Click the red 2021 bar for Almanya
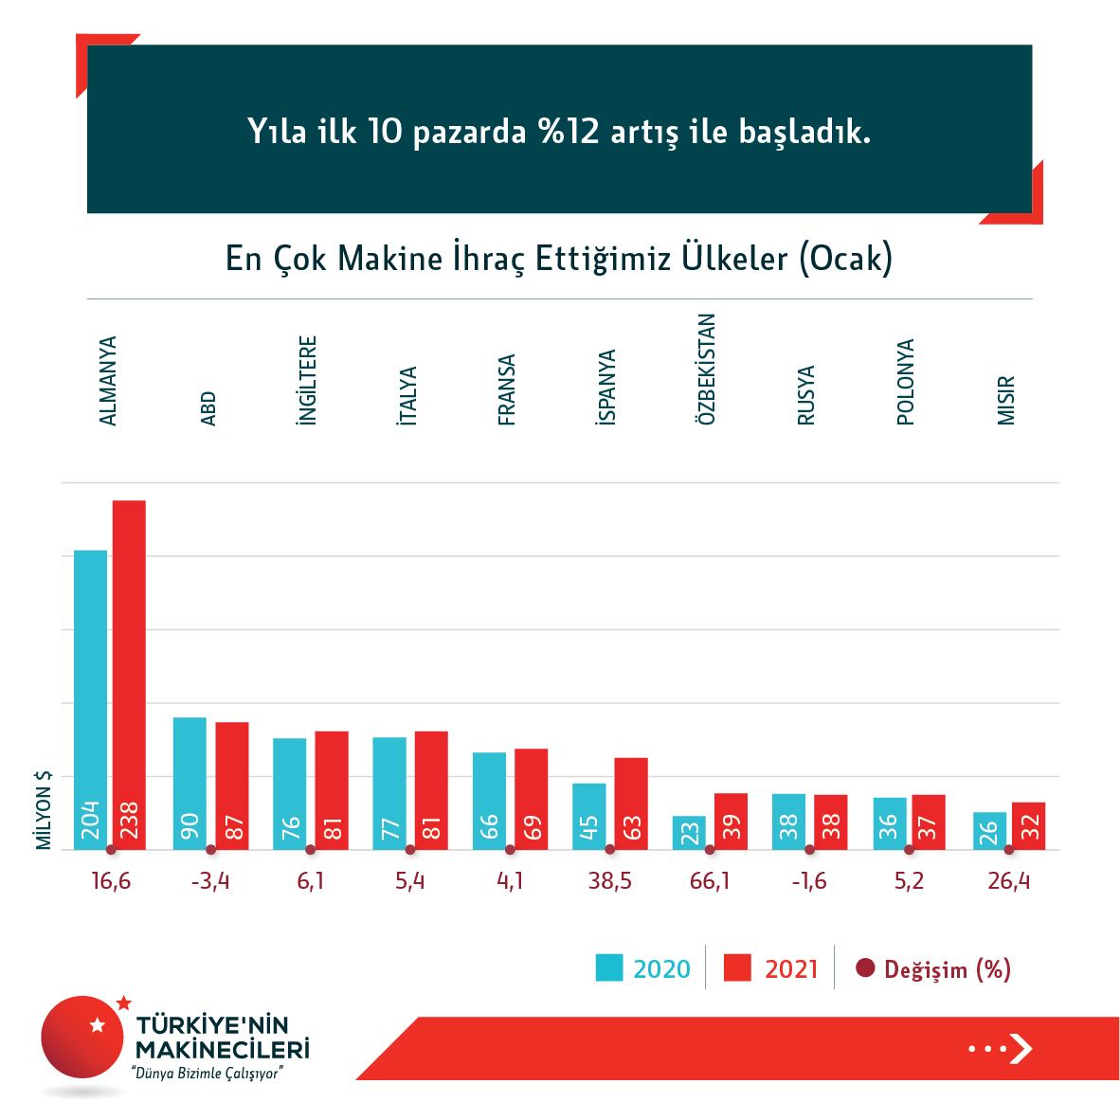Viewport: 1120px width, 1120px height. click(x=129, y=674)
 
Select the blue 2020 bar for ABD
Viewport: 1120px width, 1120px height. click(x=190, y=783)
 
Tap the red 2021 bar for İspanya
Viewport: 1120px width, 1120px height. click(x=631, y=803)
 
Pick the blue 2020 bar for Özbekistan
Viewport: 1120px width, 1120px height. click(x=689, y=832)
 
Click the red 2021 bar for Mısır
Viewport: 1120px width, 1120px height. click(x=1028, y=825)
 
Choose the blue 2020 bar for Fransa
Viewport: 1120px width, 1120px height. click(x=489, y=800)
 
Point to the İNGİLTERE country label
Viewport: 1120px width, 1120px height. click(x=307, y=380)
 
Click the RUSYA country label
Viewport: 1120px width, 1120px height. click(x=805, y=395)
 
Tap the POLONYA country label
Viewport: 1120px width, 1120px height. click(x=906, y=382)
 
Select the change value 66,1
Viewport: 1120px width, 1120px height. click(x=710, y=881)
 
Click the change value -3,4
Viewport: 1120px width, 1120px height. click(x=210, y=881)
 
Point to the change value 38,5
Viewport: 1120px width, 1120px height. click(x=609, y=881)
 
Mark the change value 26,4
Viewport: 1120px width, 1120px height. click(x=1008, y=881)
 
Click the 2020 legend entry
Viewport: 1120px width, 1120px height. click(x=643, y=968)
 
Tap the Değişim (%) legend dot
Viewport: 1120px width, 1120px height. click(x=865, y=968)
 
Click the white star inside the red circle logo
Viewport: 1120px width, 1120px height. click(x=97, y=1024)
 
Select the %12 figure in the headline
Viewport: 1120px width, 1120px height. click(x=569, y=131)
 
